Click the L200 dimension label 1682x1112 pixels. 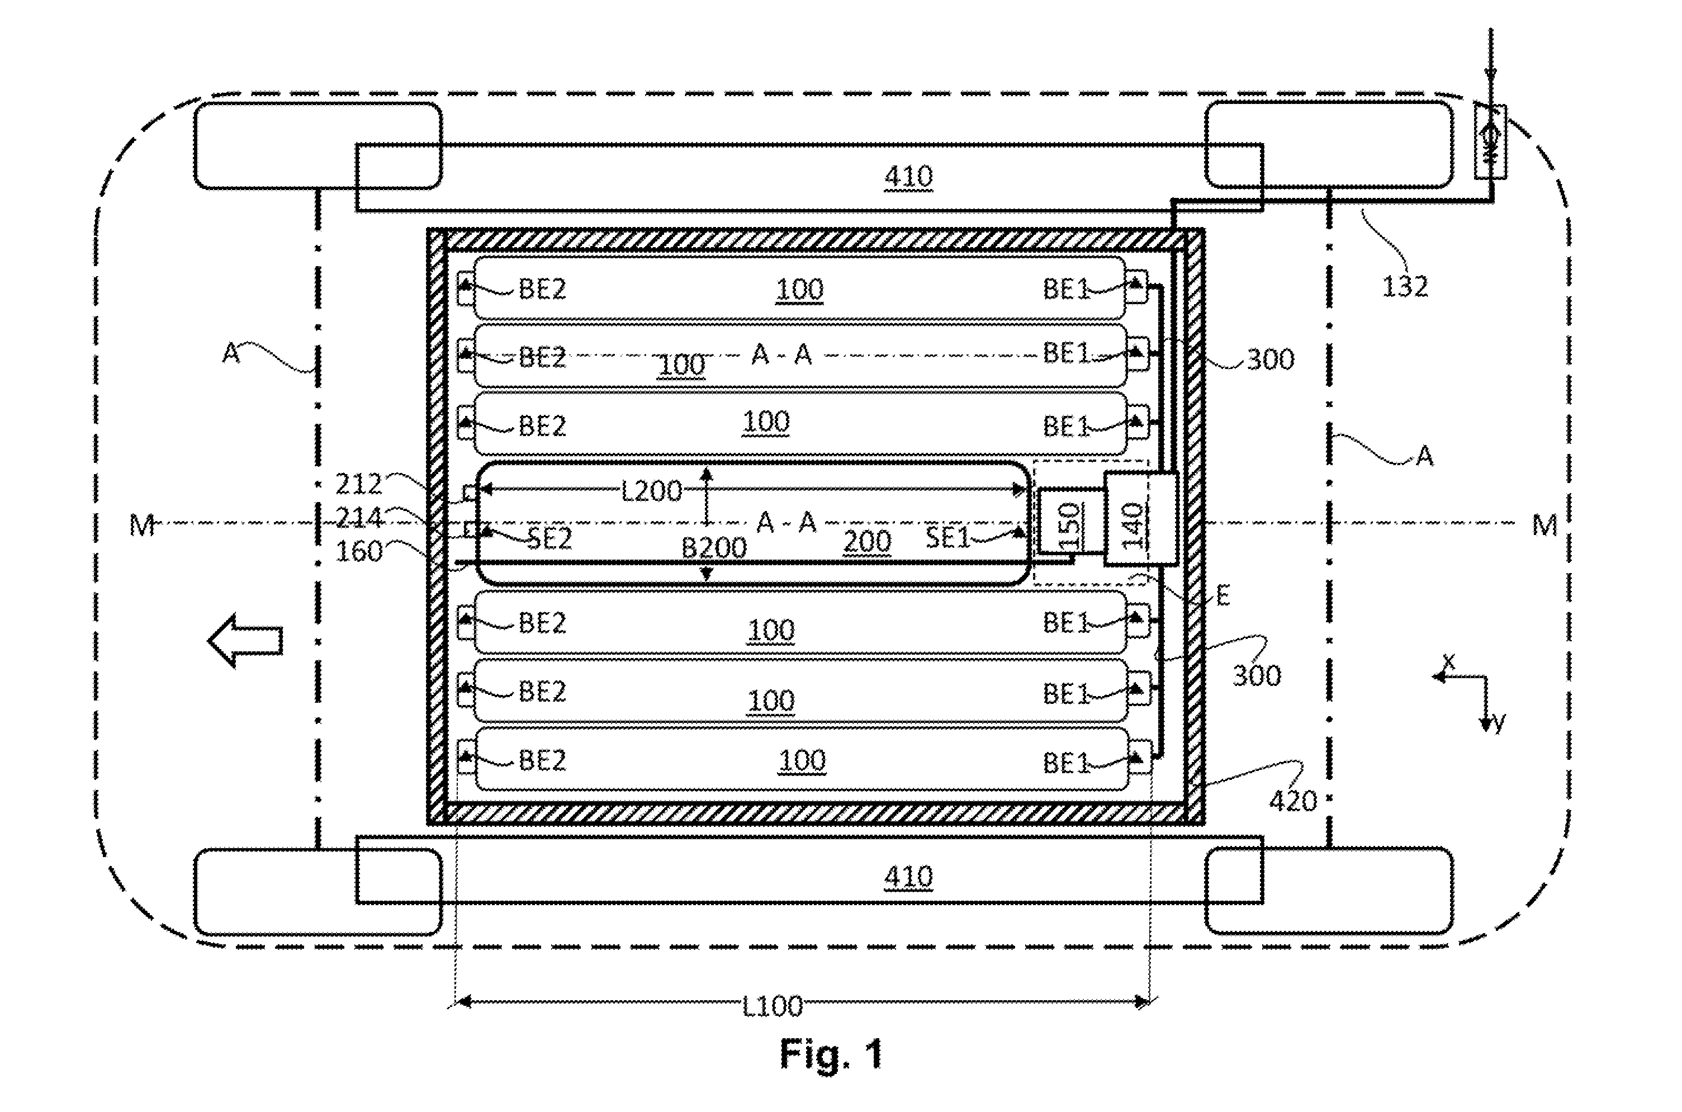(652, 490)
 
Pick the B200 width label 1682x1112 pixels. (714, 547)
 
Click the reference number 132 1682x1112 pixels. (1405, 286)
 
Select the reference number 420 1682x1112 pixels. (1293, 801)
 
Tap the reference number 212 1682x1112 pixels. (359, 484)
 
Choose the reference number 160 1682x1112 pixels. (359, 551)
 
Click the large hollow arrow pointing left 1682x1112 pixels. (245, 641)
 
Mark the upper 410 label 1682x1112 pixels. (908, 177)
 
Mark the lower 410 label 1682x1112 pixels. (908, 877)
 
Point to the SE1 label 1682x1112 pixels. (947, 538)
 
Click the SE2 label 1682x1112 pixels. (549, 539)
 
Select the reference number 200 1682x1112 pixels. (867, 542)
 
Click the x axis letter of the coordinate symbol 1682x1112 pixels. (1449, 662)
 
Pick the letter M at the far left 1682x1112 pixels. (142, 526)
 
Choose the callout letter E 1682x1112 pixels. (1223, 597)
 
